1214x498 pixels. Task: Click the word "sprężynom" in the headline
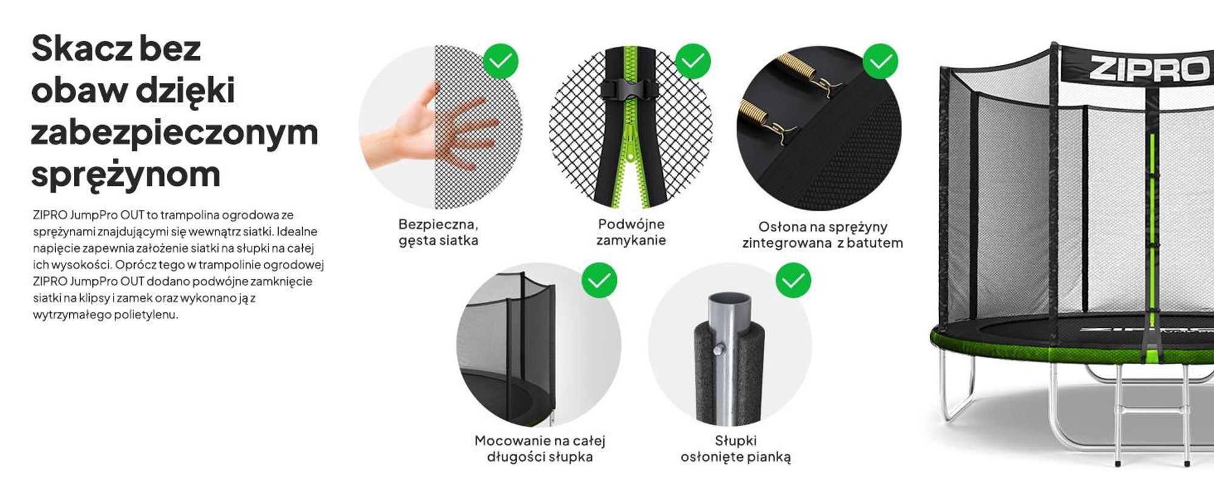click(126, 175)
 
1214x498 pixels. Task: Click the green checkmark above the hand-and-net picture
click(501, 61)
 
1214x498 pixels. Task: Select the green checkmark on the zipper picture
click(693, 61)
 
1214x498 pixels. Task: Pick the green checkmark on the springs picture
click(881, 61)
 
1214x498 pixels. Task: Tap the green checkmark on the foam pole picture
click(793, 280)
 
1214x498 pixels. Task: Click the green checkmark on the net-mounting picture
click(599, 280)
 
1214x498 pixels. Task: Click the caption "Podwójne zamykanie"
click(631, 232)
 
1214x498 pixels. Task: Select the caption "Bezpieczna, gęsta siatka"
click(438, 232)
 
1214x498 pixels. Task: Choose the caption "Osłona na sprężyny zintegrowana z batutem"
click(822, 235)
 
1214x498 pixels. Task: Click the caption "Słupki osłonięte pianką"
click(736, 449)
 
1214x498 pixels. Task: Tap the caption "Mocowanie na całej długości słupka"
click(540, 449)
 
